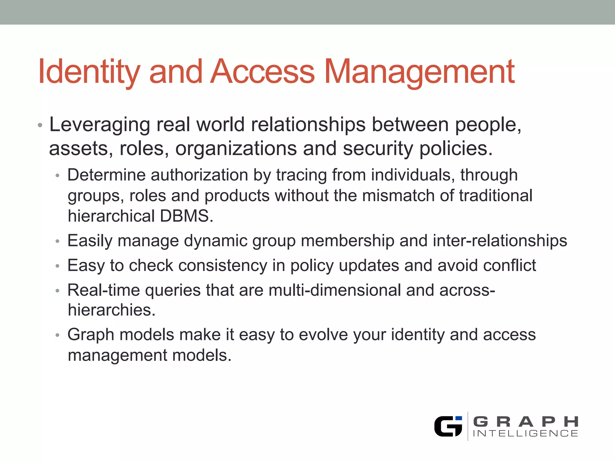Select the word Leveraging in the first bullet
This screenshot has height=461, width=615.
point(99,125)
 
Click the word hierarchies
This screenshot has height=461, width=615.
point(111,310)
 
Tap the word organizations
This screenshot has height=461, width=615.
point(236,149)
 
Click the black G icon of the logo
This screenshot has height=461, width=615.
point(448,426)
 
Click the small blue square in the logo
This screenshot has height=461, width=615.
point(459,418)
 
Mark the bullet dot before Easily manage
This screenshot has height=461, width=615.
point(58,241)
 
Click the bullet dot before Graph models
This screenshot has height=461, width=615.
point(58,335)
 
